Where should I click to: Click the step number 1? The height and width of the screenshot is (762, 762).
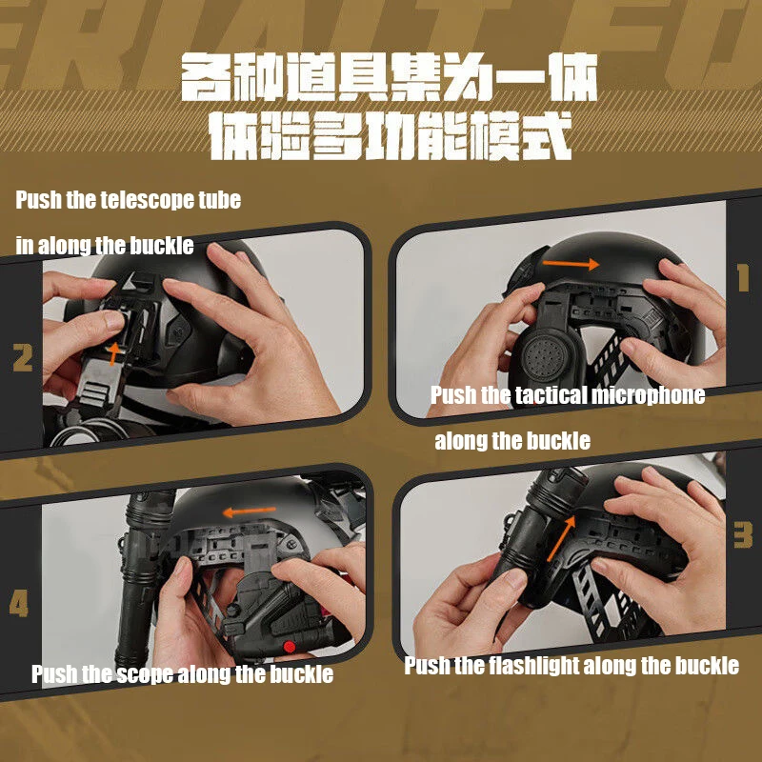click(x=743, y=277)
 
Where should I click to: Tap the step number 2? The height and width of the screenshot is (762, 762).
click(x=22, y=358)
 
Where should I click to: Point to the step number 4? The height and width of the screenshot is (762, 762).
click(x=18, y=604)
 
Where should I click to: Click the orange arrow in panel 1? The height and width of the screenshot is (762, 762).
click(x=571, y=264)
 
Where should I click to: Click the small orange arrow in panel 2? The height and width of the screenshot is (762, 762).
click(x=113, y=352)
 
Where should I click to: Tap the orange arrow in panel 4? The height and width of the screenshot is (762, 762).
click(x=249, y=511)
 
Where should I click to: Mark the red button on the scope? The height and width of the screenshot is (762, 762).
click(x=290, y=647)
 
